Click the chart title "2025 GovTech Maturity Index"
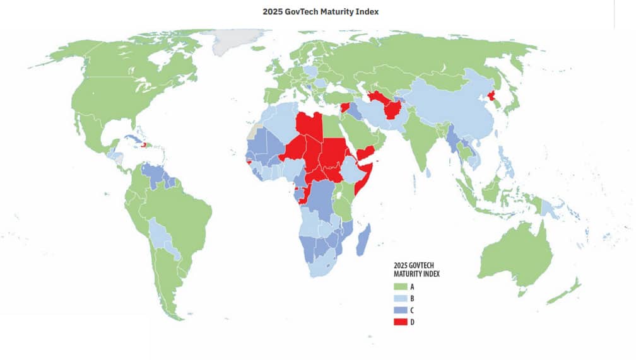320,11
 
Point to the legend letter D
413,323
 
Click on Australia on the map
514,255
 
